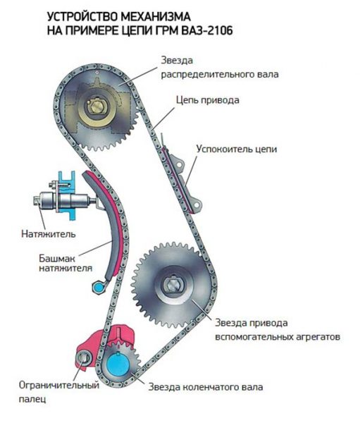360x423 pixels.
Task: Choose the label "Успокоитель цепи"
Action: (237, 149)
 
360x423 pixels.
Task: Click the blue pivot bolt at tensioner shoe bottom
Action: (97, 286)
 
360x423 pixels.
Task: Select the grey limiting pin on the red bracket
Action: (85, 360)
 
